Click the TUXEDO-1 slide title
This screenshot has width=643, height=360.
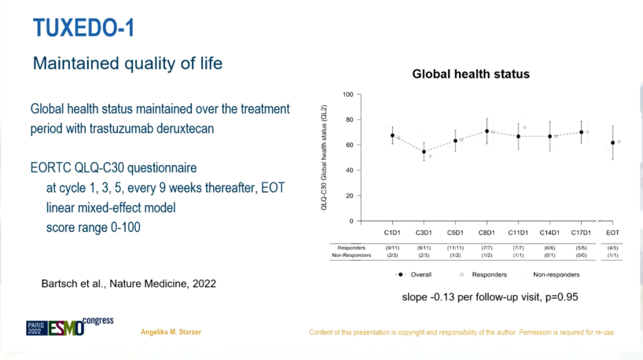(84, 27)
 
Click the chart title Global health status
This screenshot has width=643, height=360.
(471, 74)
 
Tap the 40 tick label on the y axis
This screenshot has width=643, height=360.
(349, 171)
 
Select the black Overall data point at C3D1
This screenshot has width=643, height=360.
(424, 152)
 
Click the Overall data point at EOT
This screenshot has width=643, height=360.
(613, 143)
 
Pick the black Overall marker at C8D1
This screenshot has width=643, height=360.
(487, 131)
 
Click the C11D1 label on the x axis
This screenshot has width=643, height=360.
(518, 233)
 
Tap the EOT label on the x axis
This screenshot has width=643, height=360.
(613, 233)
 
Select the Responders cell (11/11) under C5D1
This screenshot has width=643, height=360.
(455, 248)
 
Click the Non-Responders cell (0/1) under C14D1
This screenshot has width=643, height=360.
(549, 255)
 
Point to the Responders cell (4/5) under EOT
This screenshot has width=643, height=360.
(613, 248)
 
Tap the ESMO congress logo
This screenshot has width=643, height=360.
(70, 326)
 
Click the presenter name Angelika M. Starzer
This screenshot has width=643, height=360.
(171, 332)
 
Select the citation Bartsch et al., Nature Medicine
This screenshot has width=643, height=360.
(129, 284)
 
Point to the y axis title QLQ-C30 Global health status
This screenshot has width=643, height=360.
(324, 158)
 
